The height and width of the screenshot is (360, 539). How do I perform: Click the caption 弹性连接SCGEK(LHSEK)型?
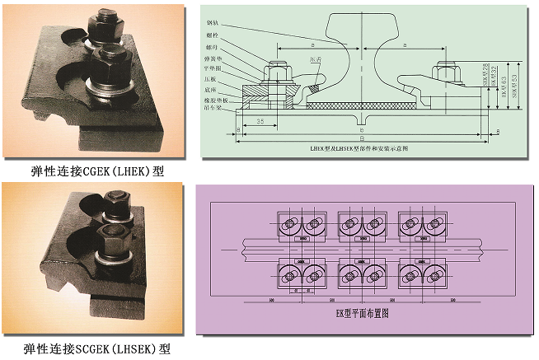(97, 348)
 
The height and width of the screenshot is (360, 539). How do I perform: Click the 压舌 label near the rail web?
(316, 59)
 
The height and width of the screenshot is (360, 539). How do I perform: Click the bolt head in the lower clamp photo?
(115, 202)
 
